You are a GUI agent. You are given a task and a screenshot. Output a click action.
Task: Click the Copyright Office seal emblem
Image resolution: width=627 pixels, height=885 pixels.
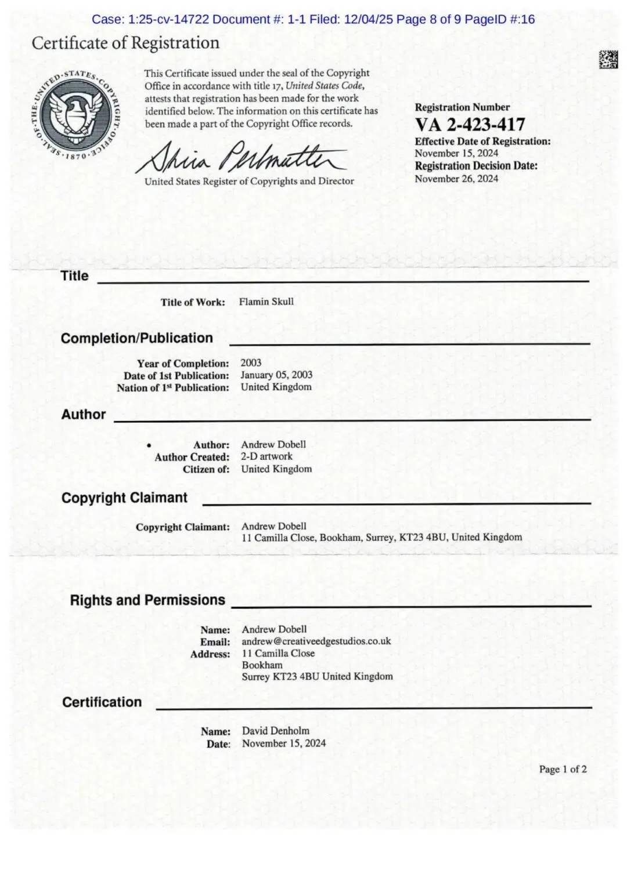pyautogui.click(x=75, y=115)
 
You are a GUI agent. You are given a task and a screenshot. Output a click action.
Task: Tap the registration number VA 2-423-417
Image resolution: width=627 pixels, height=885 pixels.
pyautogui.click(x=470, y=125)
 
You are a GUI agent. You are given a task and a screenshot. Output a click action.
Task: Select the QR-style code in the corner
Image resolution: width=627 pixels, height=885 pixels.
pyautogui.click(x=608, y=60)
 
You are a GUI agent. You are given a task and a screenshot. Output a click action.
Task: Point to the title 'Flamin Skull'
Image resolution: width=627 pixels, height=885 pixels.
pyautogui.click(x=266, y=302)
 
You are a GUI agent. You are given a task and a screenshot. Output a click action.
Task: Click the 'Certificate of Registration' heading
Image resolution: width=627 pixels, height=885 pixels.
pyautogui.click(x=125, y=43)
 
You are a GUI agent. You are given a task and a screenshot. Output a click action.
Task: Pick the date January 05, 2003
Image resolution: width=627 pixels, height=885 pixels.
pyautogui.click(x=276, y=375)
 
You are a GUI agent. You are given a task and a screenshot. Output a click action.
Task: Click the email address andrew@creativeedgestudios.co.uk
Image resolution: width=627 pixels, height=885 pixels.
pyautogui.click(x=316, y=641)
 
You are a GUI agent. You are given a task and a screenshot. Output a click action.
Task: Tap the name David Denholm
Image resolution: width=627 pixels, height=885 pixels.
pyautogui.click(x=275, y=731)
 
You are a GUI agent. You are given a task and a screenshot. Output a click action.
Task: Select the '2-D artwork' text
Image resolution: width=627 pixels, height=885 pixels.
pyautogui.click(x=266, y=456)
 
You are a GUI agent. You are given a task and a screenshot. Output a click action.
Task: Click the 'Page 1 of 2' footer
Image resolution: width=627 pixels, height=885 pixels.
pyautogui.click(x=563, y=769)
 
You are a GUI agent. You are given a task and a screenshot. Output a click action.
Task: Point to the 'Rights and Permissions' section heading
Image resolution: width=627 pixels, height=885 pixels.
pyautogui.click(x=147, y=600)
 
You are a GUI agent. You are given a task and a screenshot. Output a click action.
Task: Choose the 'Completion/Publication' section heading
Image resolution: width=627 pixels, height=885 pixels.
pyautogui.click(x=137, y=338)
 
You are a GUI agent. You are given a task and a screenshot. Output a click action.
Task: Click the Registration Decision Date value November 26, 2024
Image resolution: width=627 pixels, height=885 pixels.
pyautogui.click(x=456, y=179)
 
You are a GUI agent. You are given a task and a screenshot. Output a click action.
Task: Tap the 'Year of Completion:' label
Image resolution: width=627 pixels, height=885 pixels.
pyautogui.click(x=183, y=364)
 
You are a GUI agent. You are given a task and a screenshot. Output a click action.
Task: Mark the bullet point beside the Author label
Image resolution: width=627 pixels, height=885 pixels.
pyautogui.click(x=149, y=445)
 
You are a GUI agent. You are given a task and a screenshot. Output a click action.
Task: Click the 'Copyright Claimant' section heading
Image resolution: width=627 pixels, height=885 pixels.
pyautogui.click(x=124, y=498)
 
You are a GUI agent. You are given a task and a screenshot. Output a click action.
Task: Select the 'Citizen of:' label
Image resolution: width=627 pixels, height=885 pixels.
pyautogui.click(x=206, y=469)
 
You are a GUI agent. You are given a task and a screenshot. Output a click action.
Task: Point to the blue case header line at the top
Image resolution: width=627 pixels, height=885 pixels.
pyautogui.click(x=313, y=19)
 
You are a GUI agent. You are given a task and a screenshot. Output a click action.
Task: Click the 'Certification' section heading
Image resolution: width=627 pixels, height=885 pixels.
pyautogui.click(x=102, y=702)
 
